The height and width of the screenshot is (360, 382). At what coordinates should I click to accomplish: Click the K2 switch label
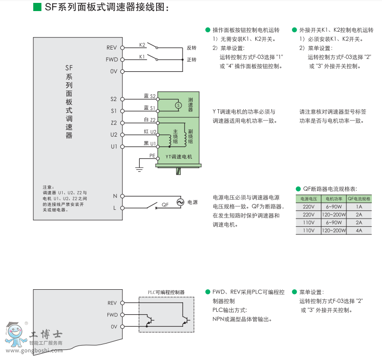[x=142, y=45]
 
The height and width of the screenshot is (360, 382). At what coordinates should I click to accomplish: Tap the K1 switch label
[x=142, y=57]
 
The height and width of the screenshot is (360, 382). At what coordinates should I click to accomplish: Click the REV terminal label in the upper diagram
[x=112, y=48]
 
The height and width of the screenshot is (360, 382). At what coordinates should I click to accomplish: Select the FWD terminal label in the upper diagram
[x=111, y=60]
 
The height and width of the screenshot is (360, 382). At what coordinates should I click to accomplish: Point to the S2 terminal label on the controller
[x=114, y=99]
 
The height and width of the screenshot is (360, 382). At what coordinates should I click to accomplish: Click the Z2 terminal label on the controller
[x=114, y=123]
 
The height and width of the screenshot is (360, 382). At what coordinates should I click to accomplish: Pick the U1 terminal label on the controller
[x=114, y=146]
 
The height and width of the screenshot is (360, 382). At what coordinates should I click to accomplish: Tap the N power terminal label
[x=115, y=196]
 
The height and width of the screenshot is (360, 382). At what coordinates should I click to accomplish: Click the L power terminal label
[x=115, y=208]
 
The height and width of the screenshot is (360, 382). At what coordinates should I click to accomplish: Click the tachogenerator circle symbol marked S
[x=177, y=105]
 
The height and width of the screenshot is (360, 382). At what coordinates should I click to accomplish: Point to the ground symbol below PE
[x=139, y=167]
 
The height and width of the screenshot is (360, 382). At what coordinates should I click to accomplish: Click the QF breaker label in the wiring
[x=165, y=205]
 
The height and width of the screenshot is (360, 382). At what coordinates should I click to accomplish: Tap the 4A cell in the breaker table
[x=359, y=231]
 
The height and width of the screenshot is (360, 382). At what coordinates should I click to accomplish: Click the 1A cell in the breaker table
[x=359, y=206]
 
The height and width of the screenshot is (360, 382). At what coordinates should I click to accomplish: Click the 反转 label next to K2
[x=191, y=48]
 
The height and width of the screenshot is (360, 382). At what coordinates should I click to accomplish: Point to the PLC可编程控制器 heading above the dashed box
[x=166, y=292]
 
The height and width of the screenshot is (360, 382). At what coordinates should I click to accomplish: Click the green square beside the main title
[x=37, y=7]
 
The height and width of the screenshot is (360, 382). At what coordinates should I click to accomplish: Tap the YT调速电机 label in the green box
[x=179, y=157]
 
